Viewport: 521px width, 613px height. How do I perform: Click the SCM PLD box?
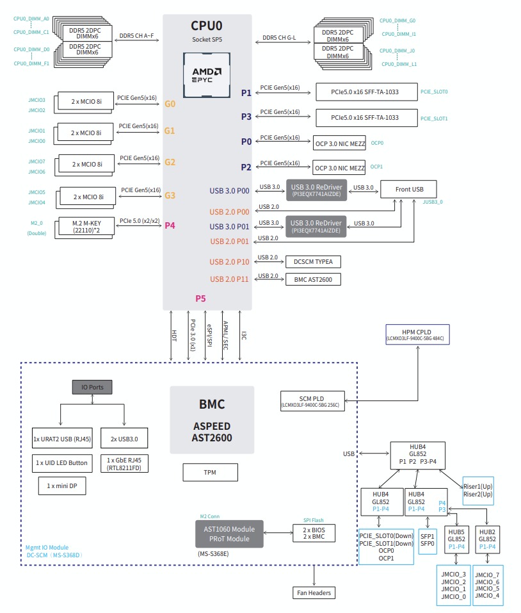point(310,400)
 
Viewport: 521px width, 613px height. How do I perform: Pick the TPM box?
point(210,473)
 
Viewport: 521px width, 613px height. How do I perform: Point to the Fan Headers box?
point(314,593)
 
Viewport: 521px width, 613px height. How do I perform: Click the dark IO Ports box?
point(92,387)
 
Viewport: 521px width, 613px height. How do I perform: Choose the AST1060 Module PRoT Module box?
point(228,534)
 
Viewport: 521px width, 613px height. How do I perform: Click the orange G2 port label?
point(170,163)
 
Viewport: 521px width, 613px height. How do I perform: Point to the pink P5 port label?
point(201,298)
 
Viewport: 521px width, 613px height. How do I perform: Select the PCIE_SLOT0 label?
point(434,92)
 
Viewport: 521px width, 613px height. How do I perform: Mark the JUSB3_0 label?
point(433,202)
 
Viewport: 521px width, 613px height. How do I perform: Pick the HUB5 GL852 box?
point(456,539)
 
